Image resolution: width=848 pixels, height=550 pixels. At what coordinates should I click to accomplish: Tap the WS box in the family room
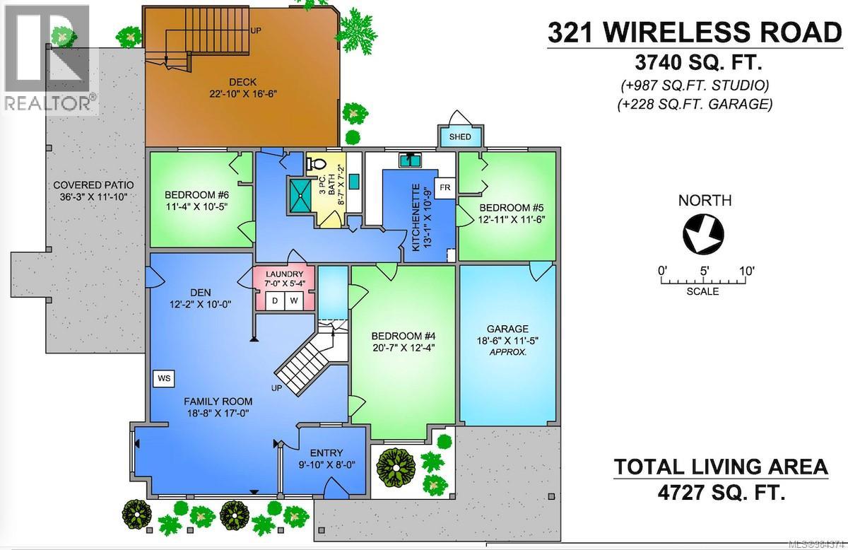coord(164,378)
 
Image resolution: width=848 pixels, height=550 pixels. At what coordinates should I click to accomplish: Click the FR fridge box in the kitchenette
coord(445,187)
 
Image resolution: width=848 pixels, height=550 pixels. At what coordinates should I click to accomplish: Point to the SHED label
coord(459,136)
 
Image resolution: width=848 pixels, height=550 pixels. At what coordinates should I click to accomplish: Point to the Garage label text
coord(507,329)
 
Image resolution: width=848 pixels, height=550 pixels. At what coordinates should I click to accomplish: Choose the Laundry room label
coord(284,274)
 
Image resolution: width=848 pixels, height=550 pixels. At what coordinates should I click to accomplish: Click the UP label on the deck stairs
coord(257,30)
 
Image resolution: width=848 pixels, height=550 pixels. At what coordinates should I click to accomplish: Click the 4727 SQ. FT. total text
coord(720,490)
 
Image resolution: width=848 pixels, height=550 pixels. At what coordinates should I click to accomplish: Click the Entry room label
coord(326,453)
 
